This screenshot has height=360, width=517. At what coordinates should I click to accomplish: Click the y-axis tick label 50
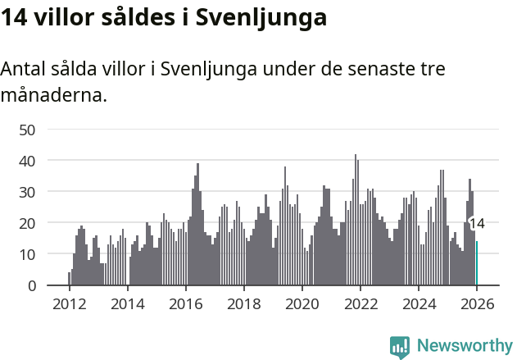click(27, 130)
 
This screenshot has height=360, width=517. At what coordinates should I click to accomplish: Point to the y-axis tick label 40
click(27, 161)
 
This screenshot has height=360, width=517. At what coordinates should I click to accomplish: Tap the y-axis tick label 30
click(27, 192)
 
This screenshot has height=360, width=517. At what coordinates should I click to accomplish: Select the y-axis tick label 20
click(27, 223)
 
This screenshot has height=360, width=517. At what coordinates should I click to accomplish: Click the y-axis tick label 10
click(27, 254)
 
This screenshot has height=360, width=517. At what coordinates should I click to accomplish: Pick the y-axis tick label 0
click(32, 285)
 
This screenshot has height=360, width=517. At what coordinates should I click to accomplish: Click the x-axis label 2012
click(69, 304)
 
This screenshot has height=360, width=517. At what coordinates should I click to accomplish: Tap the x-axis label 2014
click(127, 304)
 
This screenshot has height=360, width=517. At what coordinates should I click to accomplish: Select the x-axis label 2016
click(185, 304)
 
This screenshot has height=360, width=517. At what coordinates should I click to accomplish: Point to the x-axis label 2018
click(243, 304)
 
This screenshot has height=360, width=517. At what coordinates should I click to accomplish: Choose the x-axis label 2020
click(302, 304)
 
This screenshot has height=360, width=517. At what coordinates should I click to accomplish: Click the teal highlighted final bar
click(477, 263)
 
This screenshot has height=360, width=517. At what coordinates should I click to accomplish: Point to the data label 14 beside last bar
click(477, 223)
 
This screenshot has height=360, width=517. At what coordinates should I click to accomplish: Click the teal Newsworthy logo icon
click(399, 346)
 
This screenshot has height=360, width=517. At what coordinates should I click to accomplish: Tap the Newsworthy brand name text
click(464, 346)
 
